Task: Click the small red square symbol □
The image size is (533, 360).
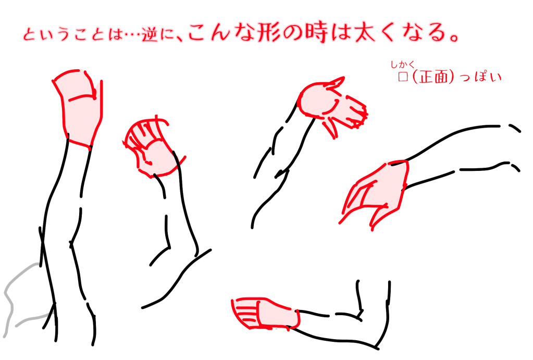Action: (x=402, y=77)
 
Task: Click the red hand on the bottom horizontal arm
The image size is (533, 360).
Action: (x=266, y=314)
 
